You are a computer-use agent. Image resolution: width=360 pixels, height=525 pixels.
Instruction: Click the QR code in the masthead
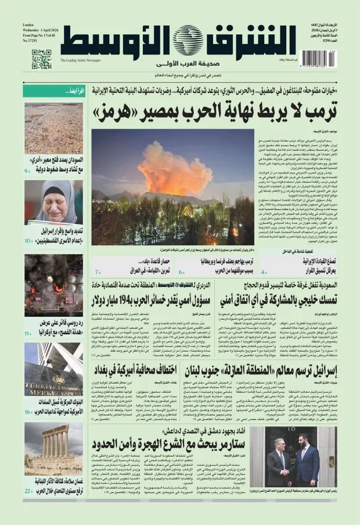[41, 59]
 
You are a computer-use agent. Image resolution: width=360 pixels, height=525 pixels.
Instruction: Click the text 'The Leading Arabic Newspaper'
[80, 60]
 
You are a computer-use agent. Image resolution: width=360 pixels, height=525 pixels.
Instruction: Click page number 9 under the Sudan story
[27, 172]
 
